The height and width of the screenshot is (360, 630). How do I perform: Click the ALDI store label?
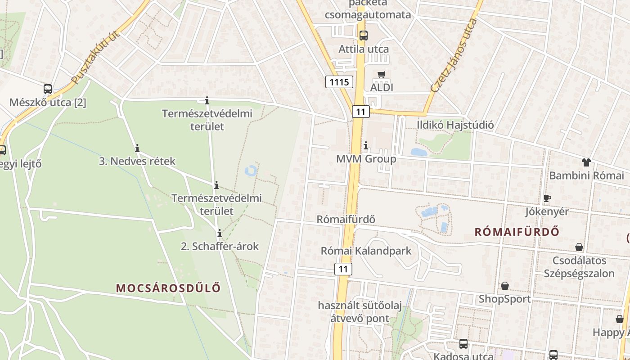[381, 87]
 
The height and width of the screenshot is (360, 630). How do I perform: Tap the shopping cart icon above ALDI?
[382, 74]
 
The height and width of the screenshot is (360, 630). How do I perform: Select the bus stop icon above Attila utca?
[363, 35]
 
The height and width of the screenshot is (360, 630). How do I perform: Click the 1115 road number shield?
[339, 82]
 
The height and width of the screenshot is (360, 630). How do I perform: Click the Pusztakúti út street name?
[95, 57]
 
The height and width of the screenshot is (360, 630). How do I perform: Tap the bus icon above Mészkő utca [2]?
[48, 89]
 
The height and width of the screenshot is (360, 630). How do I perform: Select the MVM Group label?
[366, 159]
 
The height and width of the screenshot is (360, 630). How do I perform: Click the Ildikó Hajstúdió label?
[455, 125]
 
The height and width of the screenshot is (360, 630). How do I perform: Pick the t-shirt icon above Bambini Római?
[586, 162]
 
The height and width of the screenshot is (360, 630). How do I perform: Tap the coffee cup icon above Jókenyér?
[547, 198]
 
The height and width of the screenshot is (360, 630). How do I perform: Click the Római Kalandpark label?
[366, 251]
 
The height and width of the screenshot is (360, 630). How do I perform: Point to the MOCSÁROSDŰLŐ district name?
[169, 288]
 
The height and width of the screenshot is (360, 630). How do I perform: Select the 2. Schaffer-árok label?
[220, 246]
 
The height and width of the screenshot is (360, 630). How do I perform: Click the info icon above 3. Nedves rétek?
[137, 148]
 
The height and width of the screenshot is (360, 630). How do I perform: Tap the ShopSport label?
[504, 299]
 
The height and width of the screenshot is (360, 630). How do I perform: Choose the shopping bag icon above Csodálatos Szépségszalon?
[579, 247]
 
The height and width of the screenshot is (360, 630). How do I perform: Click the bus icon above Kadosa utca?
[463, 344]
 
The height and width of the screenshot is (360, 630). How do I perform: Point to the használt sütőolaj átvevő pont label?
[360, 312]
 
